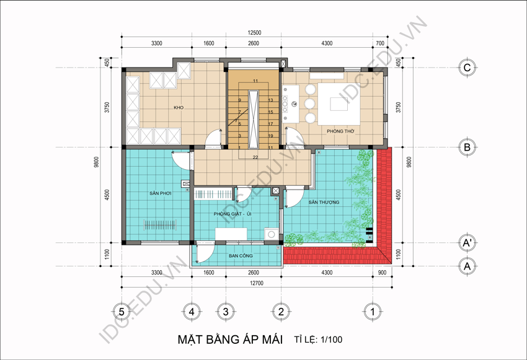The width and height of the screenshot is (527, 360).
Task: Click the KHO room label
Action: (179, 107)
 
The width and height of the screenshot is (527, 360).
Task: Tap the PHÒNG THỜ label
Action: (340, 131)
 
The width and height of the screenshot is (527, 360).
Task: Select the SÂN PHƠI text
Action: (161, 193)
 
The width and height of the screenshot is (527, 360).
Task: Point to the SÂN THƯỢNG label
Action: (324, 202)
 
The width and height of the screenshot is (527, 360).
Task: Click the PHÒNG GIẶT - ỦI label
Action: (232, 214)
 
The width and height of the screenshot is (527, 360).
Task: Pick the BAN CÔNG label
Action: (241, 255)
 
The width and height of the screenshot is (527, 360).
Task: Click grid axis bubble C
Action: (467, 68)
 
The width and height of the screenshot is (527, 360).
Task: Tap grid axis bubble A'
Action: (467, 242)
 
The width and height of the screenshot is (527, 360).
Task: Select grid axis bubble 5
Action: (122, 312)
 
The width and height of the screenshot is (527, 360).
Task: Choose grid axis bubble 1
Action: (373, 312)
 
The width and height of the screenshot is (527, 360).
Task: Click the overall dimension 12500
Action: (254, 33)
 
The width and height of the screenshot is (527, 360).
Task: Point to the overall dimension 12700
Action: (257, 283)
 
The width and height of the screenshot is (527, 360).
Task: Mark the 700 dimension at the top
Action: (380, 43)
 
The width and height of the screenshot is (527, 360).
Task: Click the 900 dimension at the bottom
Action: (382, 273)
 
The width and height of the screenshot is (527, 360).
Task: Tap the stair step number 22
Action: (255, 157)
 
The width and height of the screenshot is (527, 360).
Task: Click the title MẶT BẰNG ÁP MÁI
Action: (230, 340)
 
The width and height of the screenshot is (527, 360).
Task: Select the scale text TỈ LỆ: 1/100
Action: (319, 340)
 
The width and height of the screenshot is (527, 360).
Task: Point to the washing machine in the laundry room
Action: (271, 234)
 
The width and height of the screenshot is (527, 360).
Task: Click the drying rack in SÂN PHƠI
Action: (160, 225)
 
